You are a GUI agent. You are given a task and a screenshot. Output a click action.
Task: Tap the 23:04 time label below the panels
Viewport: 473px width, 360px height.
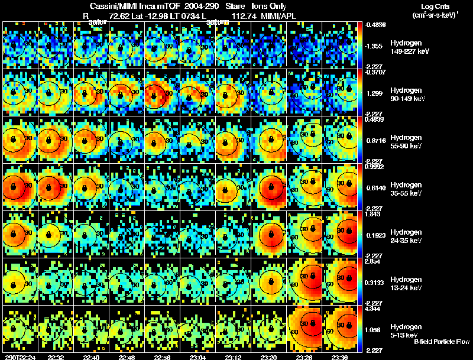(197, 357)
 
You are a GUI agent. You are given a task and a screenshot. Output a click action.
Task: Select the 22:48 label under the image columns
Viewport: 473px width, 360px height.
(127, 357)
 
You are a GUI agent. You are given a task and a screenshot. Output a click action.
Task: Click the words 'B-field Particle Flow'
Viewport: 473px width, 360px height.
(441, 342)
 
